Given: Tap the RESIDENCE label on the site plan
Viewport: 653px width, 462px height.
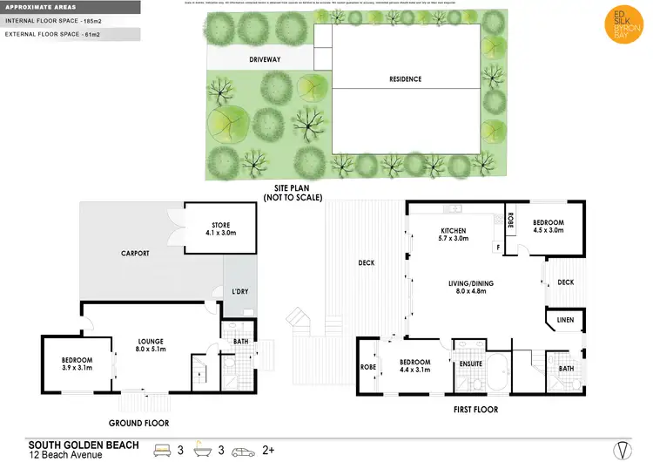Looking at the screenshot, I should tap(405, 79).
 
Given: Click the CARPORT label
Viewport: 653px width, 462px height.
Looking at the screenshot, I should tap(136, 254).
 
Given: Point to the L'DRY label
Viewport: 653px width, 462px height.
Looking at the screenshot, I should tap(239, 290).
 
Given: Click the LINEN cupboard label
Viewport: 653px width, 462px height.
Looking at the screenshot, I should tap(565, 321).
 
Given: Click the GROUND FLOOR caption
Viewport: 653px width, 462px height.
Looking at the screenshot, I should tap(139, 423).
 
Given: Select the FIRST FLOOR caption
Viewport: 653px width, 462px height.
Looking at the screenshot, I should tap(475, 407).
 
